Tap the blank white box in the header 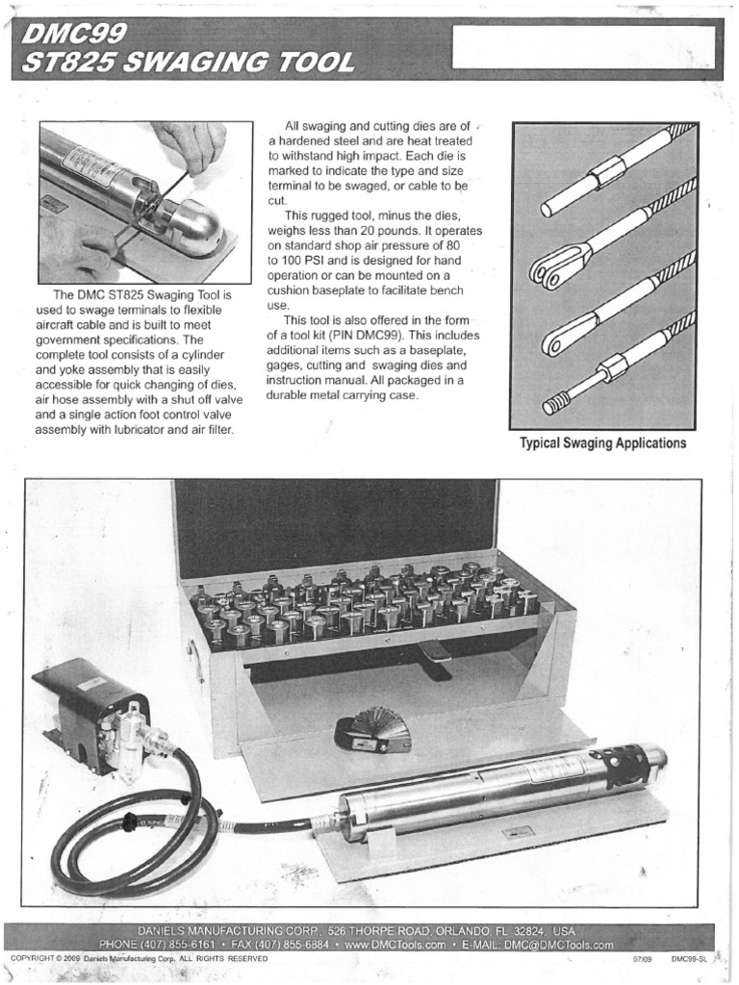pos(583,46)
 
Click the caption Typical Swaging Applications pos(602,443)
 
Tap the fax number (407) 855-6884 pos(289,945)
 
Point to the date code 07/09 pos(642,959)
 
